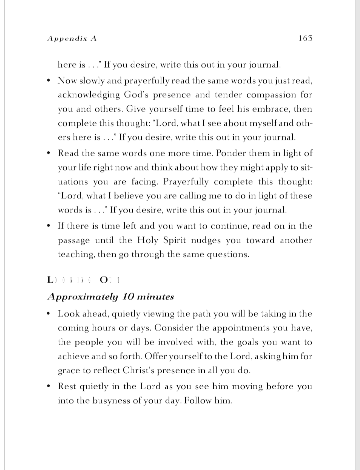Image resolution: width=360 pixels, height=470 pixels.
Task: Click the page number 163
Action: pos(305,38)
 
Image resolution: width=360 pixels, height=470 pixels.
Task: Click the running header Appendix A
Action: pos(72,38)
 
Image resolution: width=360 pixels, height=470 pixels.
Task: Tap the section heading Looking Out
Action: pos(84,280)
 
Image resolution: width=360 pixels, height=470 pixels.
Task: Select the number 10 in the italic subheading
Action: pos(128,297)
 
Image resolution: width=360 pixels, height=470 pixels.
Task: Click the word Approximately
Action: pos(83,297)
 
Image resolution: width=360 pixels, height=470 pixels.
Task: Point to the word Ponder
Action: pos(230,153)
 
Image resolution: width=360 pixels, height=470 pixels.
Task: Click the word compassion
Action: pos(271,95)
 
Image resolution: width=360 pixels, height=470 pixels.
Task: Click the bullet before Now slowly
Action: pos(49,81)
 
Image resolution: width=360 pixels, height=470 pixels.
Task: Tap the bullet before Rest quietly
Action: pos(49,386)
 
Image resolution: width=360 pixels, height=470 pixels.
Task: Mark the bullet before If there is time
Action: pos(49,226)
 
